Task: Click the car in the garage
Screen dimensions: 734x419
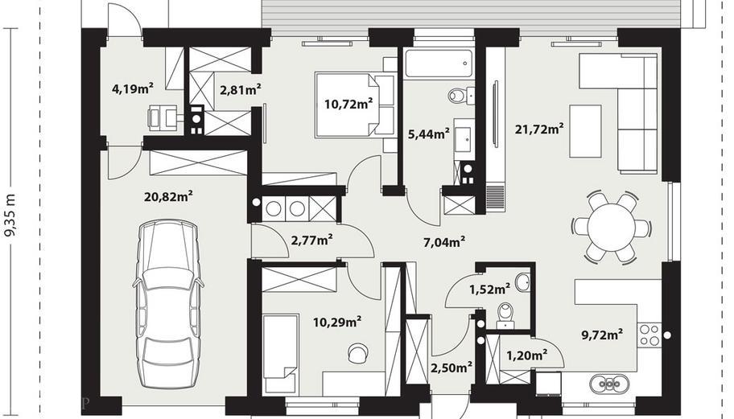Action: (168, 304)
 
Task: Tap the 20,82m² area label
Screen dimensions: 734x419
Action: (168, 196)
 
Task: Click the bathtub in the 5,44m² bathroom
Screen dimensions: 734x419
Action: (438, 64)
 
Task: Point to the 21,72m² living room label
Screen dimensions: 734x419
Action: (538, 129)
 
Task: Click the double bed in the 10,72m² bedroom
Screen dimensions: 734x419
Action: (354, 105)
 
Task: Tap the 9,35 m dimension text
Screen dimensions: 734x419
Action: (10, 215)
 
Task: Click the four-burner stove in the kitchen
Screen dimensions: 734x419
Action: (649, 335)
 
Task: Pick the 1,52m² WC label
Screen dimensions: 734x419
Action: (489, 290)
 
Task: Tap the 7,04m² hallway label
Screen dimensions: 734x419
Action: (443, 242)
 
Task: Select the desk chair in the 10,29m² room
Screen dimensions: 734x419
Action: (358, 352)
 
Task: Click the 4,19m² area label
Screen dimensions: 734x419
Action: (133, 88)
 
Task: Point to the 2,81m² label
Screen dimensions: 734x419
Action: (240, 88)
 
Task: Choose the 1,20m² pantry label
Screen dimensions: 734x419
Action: (527, 355)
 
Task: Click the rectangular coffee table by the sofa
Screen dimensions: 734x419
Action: (585, 131)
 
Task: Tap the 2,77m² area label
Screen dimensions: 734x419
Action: (312, 240)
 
